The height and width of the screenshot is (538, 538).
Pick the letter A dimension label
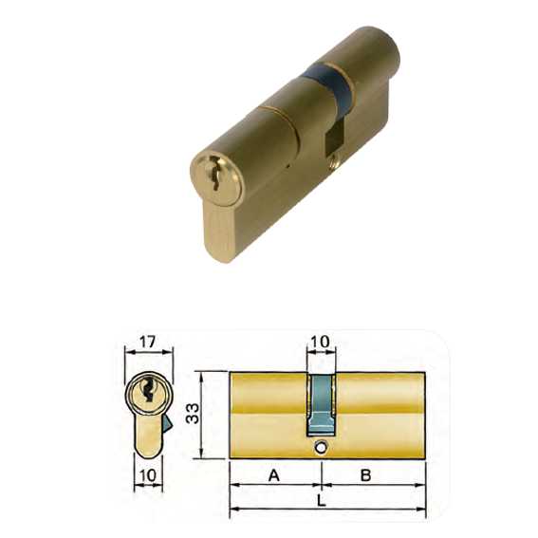pos(273,475)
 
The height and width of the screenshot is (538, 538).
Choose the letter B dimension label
pos(365,475)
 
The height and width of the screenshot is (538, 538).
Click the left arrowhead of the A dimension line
pos(234,487)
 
